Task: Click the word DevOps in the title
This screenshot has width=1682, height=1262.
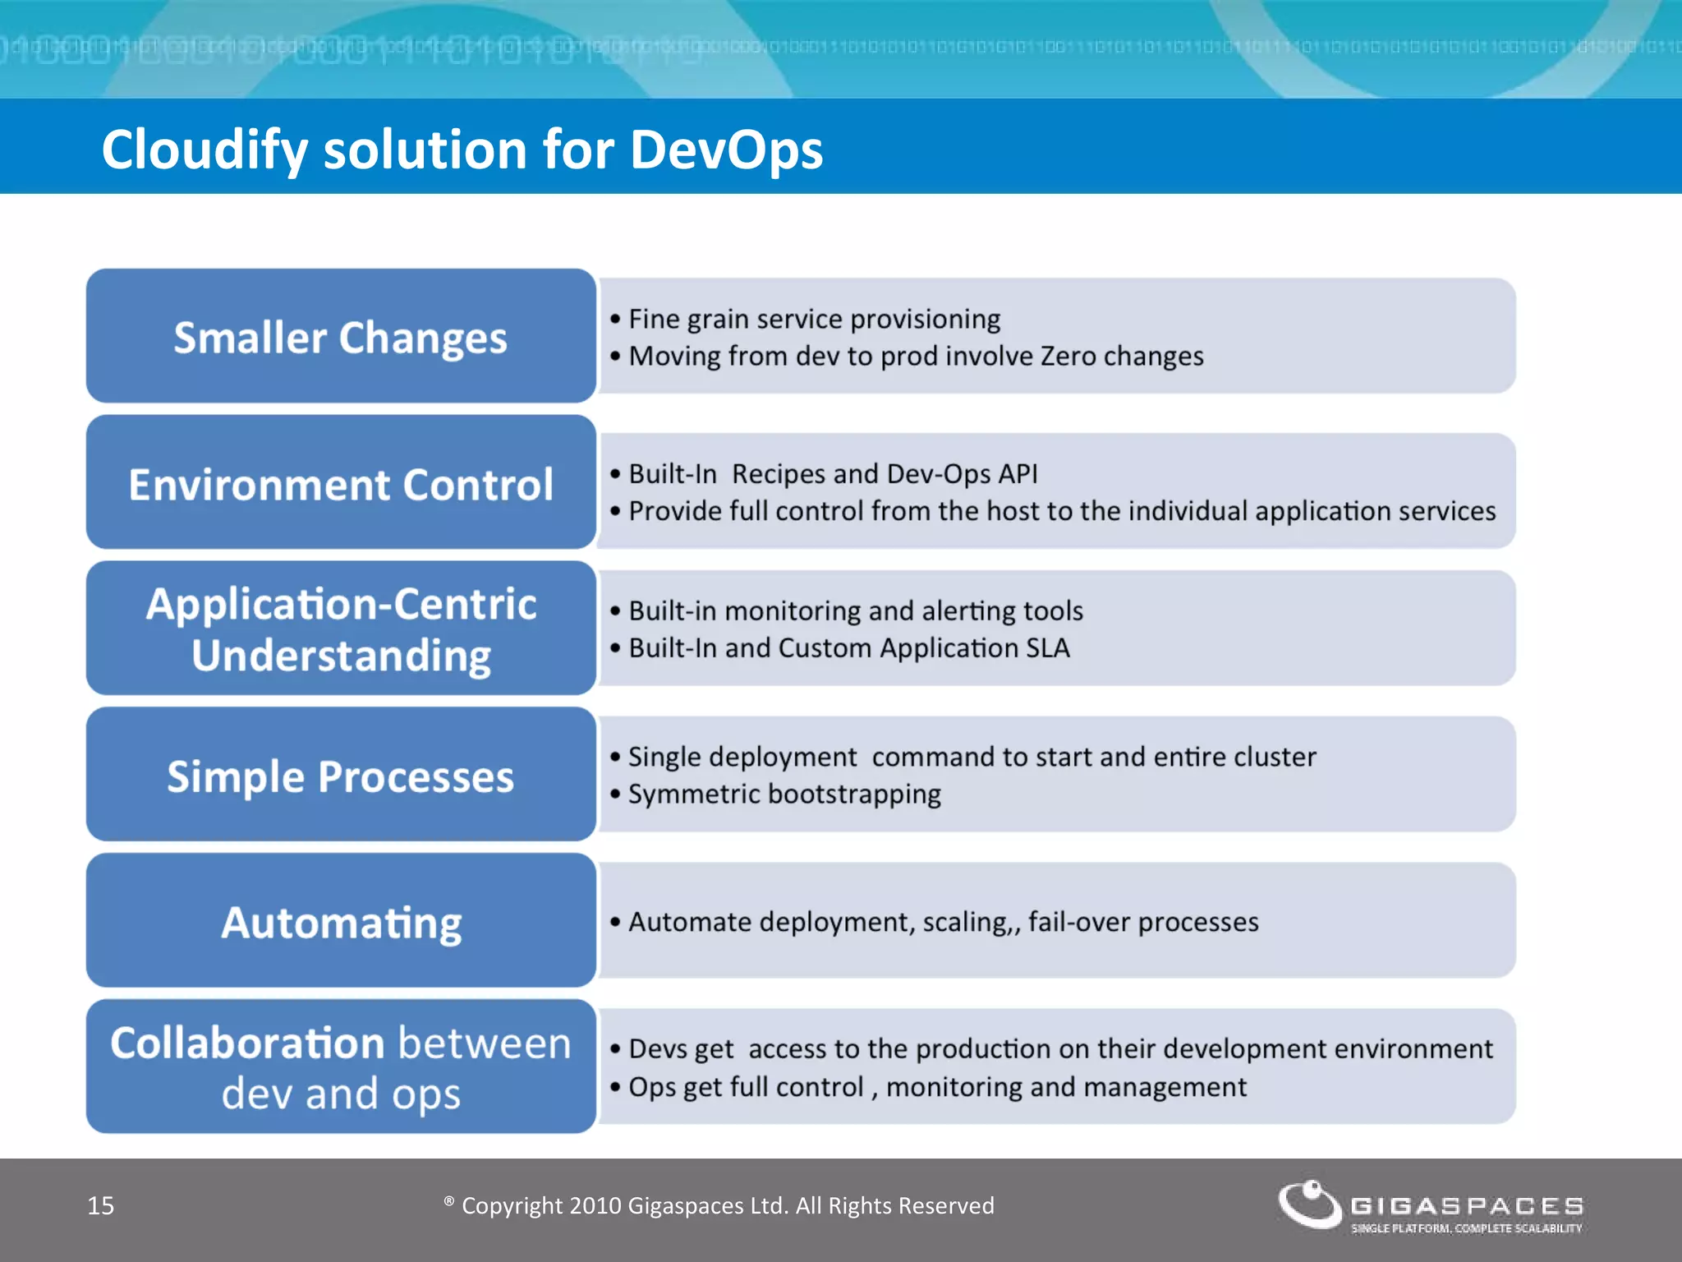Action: tap(726, 150)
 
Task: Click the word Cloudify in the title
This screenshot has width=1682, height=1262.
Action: tap(204, 150)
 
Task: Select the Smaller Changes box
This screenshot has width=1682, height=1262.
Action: tap(340, 337)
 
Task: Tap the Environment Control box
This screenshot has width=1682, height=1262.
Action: tap(340, 483)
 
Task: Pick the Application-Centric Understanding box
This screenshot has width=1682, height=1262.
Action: tap(340, 629)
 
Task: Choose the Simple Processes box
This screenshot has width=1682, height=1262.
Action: tap(340, 775)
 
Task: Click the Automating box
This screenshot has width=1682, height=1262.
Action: tap(340, 921)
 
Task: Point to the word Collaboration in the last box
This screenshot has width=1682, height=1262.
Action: tap(247, 1043)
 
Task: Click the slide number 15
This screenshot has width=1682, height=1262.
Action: tap(100, 1205)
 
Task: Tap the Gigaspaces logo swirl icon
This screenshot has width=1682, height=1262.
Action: tap(1309, 1203)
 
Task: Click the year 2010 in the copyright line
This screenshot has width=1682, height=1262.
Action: tap(595, 1205)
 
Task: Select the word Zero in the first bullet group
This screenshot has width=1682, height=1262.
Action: tap(1068, 356)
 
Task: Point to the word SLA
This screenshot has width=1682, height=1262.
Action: tap(1048, 648)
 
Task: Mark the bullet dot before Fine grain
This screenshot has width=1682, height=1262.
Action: tap(615, 319)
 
